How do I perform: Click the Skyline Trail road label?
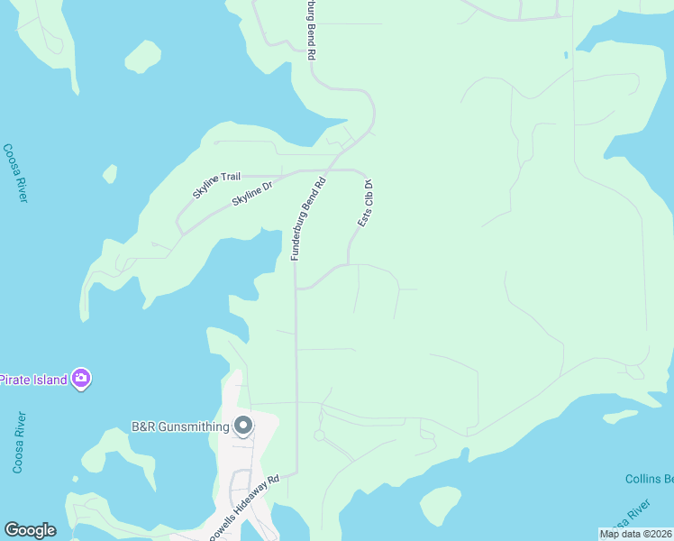[x=218, y=180]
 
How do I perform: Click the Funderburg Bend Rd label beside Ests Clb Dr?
[x=306, y=219]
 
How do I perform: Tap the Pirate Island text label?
[x=32, y=380]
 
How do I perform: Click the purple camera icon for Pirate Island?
[x=82, y=379]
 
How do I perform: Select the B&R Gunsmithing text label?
[x=178, y=426]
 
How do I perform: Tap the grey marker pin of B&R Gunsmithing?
[x=242, y=426]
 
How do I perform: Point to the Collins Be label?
[x=649, y=479]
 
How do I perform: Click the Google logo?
[x=30, y=530]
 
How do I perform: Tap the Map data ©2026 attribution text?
[x=636, y=534]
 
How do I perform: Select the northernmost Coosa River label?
[x=14, y=173]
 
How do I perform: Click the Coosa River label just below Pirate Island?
[x=17, y=442]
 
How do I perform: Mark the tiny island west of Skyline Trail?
[x=110, y=173]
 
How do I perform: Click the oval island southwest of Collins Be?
[x=441, y=505]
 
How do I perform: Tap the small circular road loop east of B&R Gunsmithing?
[x=319, y=435]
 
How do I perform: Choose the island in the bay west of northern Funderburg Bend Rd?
[x=142, y=57]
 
